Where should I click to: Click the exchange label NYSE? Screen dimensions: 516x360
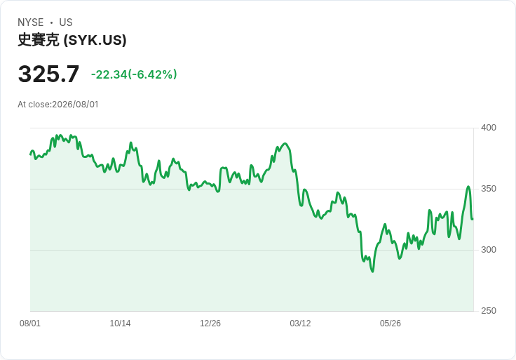[x=31, y=22]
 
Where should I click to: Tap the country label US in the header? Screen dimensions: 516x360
[x=66, y=22]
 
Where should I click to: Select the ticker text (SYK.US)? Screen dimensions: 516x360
[x=95, y=40]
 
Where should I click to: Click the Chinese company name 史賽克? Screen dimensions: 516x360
[x=39, y=40]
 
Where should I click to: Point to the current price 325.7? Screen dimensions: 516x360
[x=48, y=74]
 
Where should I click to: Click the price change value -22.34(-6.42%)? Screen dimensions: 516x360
[x=134, y=74]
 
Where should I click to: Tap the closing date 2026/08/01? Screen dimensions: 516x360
[x=75, y=105]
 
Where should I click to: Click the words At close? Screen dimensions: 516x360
[x=34, y=105]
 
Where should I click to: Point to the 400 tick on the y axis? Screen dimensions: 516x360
[x=489, y=128]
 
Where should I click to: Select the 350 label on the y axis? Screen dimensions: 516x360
[x=489, y=189]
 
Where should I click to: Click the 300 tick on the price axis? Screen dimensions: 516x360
[x=489, y=250]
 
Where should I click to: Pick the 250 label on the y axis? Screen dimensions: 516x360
[x=489, y=311]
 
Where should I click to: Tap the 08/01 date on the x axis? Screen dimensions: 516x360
[x=30, y=324]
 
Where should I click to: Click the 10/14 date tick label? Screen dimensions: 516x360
[x=120, y=324]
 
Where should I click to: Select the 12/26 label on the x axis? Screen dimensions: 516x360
[x=210, y=324]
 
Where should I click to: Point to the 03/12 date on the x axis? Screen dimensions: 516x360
[x=300, y=324]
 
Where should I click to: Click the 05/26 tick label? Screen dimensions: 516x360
[x=391, y=324]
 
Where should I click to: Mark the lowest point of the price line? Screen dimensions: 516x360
[x=372, y=272]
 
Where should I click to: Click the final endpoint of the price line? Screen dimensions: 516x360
[x=473, y=219]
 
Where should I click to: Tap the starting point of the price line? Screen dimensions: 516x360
[x=30, y=154]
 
